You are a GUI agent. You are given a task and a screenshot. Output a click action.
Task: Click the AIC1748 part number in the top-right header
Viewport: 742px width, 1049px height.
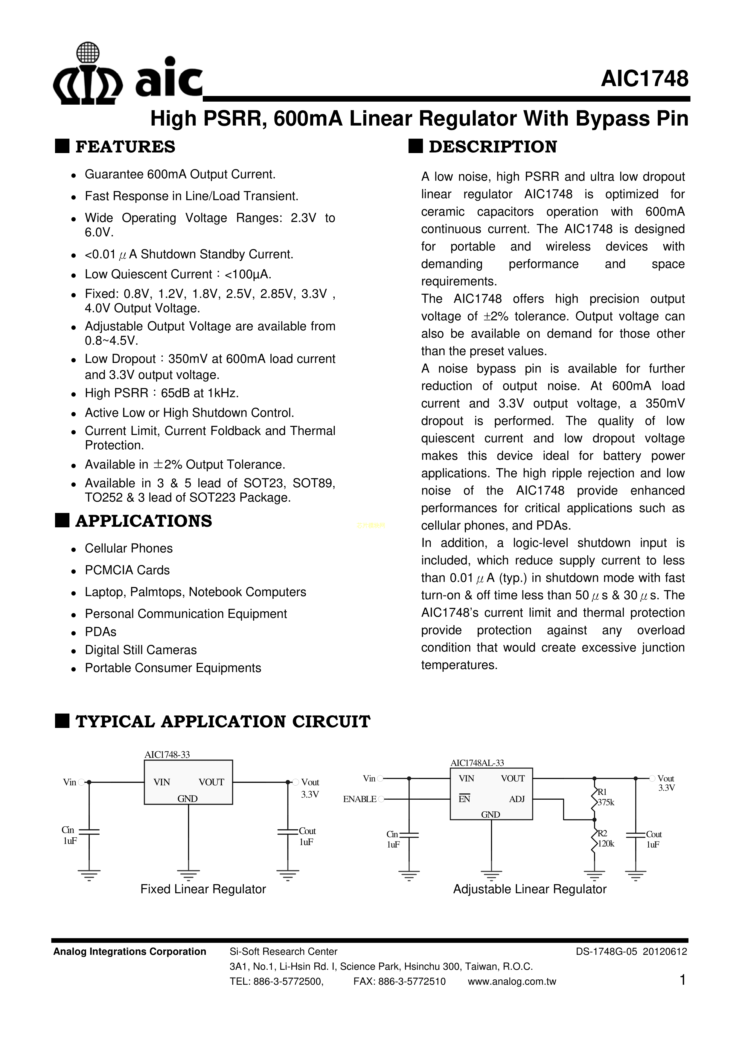click(644, 79)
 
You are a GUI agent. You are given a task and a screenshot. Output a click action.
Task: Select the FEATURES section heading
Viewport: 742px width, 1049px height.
click(125, 147)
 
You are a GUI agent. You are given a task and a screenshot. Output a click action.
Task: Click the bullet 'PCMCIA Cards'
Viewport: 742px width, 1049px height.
click(127, 570)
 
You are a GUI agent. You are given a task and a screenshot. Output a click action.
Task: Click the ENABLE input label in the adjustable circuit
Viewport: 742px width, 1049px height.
click(359, 799)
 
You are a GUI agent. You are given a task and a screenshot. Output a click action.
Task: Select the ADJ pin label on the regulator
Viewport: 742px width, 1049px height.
click(516, 799)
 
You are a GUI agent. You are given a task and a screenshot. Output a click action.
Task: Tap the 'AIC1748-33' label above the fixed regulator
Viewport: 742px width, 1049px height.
click(167, 755)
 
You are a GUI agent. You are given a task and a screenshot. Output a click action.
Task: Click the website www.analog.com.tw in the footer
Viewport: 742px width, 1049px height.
click(512, 982)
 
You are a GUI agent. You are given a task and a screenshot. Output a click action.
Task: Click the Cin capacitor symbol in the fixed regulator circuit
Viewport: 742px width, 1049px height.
click(89, 831)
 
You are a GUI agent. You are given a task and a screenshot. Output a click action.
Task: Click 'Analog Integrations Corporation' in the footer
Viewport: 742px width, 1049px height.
click(130, 952)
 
